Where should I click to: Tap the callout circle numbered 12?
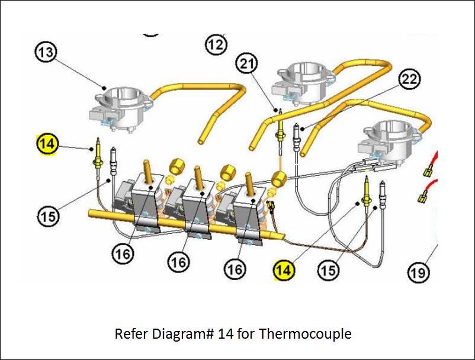pyautogui.click(x=217, y=43)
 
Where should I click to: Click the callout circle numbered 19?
pyautogui.click(x=418, y=272)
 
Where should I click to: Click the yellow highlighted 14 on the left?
pyautogui.click(x=47, y=143)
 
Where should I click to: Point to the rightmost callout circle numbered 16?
pyautogui.click(x=235, y=269)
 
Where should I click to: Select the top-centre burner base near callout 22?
pyautogui.click(x=302, y=80)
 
